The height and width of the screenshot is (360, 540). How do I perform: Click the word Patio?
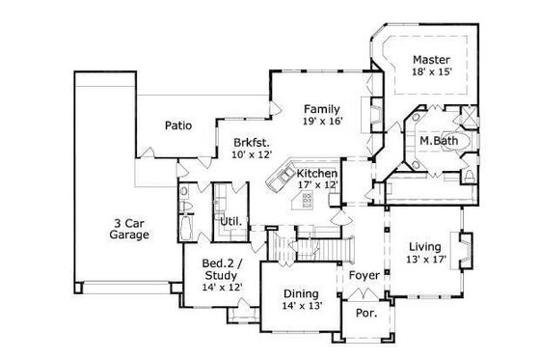(176, 125)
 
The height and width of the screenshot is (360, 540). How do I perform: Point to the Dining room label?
(302, 293)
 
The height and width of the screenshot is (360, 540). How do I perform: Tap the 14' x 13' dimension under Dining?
(302, 306)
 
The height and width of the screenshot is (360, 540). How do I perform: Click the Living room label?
(425, 246)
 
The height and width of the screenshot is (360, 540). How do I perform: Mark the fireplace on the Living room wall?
(466, 253)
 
